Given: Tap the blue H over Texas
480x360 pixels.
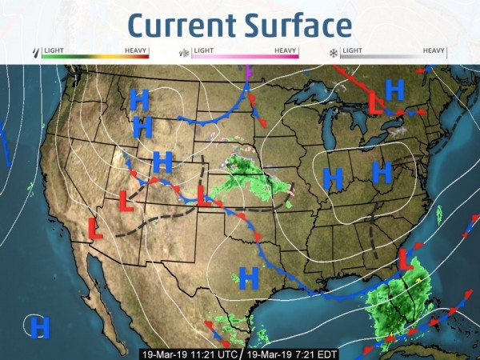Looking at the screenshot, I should pyautogui.click(x=250, y=278).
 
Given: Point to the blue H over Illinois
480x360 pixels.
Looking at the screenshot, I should pyautogui.click(x=333, y=178).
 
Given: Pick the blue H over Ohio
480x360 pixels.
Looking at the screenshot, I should pyautogui.click(x=382, y=172).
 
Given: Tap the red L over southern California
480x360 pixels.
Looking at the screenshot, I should pyautogui.click(x=95, y=229).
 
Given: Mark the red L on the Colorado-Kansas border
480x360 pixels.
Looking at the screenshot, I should pyautogui.click(x=203, y=195).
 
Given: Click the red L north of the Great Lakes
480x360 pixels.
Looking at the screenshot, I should pyautogui.click(x=374, y=102).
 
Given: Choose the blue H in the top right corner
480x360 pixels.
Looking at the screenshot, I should pyautogui.click(x=394, y=90).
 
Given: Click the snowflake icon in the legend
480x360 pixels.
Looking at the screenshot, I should pyautogui.click(x=332, y=53).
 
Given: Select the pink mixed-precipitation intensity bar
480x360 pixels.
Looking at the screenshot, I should pyautogui.click(x=245, y=58).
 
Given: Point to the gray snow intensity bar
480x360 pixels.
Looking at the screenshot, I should pyautogui.click(x=392, y=58).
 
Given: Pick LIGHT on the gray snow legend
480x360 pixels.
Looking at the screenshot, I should pyautogui.click(x=351, y=50).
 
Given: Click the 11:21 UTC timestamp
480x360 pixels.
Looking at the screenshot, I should pyautogui.click(x=190, y=353).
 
